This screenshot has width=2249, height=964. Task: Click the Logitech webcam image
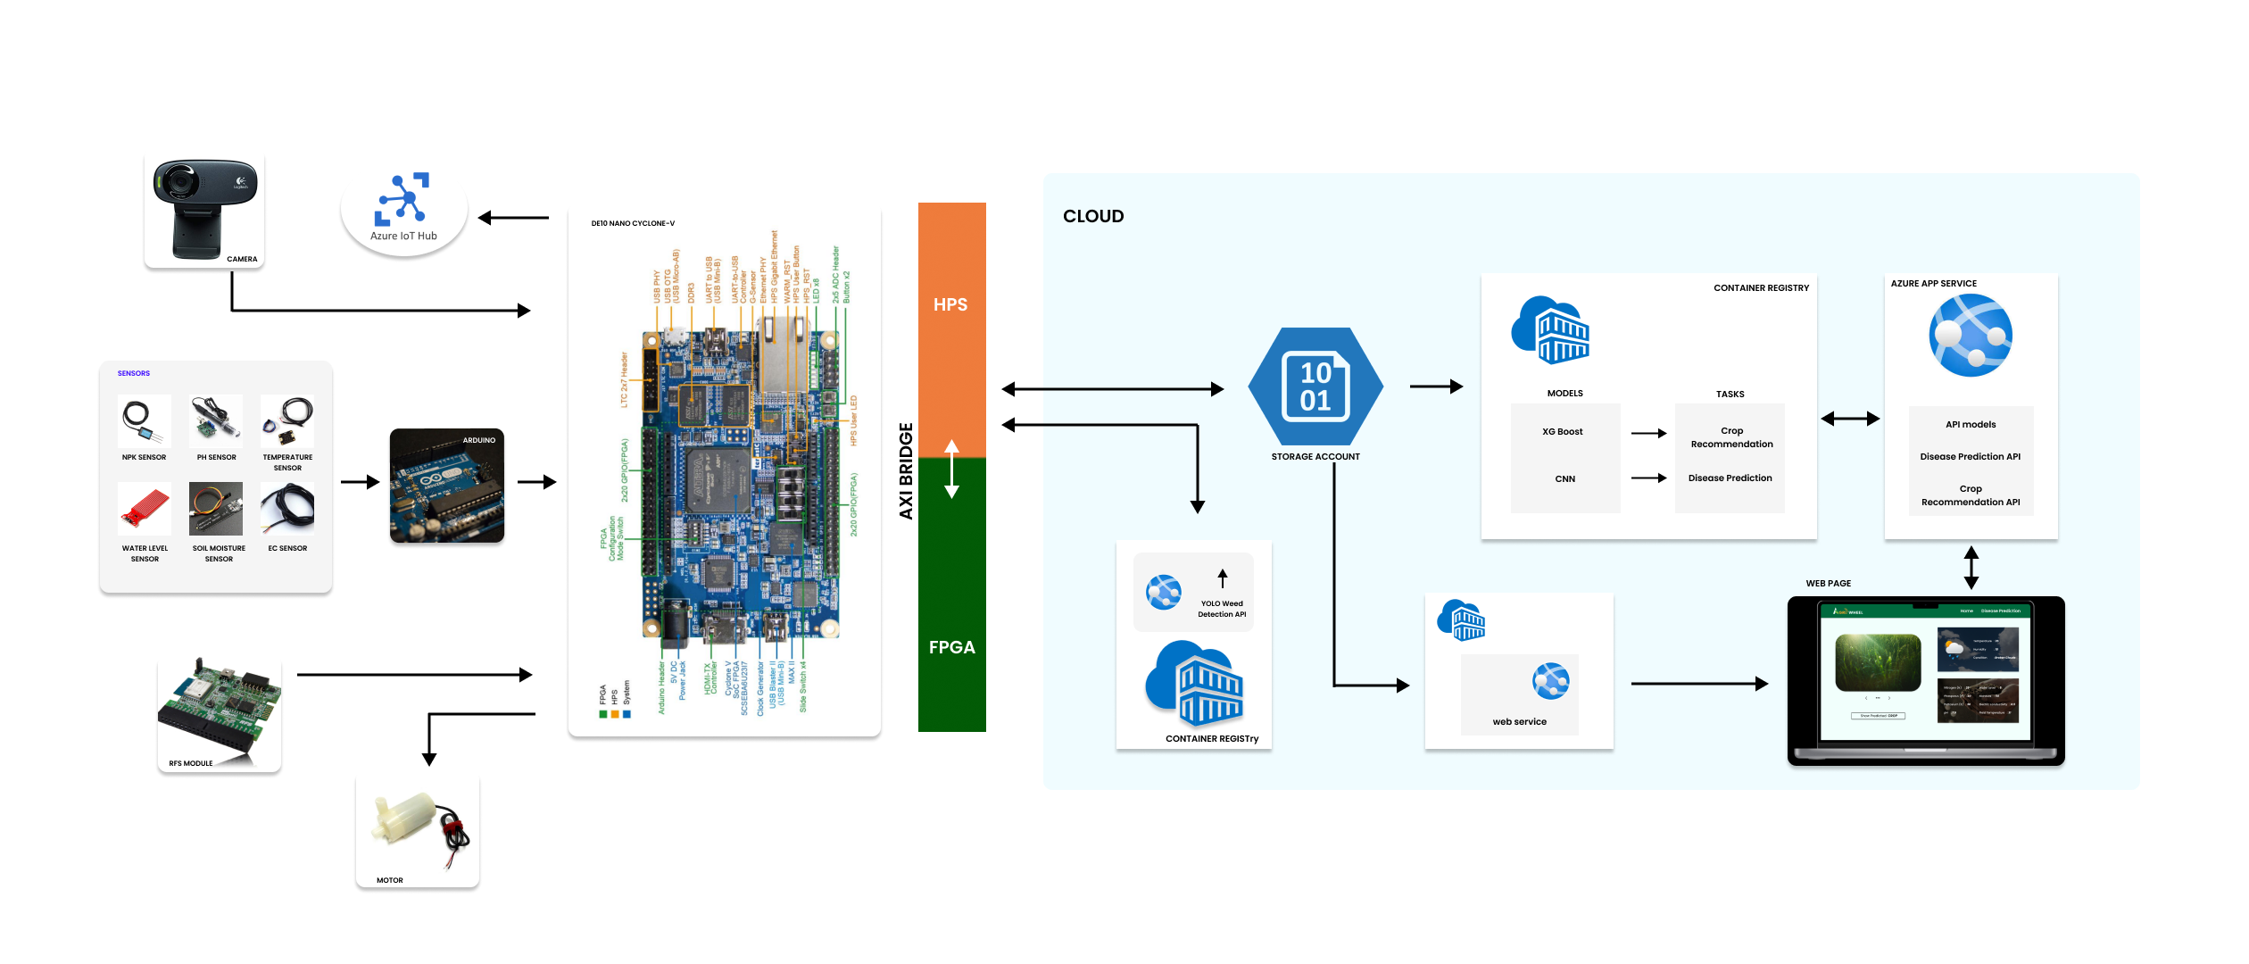point(204,206)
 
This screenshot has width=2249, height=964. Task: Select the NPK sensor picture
point(144,421)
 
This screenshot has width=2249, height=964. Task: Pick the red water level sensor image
point(144,509)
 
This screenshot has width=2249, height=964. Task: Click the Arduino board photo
point(447,486)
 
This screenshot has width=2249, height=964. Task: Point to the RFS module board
point(220,711)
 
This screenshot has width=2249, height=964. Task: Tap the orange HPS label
point(950,305)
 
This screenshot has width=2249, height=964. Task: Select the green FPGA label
point(951,648)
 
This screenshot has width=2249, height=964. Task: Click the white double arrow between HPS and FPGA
point(951,469)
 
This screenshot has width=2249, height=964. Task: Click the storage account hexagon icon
point(1315,386)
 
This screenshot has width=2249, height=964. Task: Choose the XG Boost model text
point(1562,432)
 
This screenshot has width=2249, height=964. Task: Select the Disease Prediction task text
point(1730,478)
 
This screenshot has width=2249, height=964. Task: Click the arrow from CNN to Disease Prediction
point(1648,478)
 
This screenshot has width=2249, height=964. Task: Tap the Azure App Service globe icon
point(1970,337)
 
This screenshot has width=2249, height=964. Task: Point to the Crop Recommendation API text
point(1970,495)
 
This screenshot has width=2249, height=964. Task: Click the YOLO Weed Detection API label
point(1221,609)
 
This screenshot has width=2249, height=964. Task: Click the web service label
point(1519,722)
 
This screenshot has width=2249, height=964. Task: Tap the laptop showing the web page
point(1925,681)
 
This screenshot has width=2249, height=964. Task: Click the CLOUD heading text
point(1093,216)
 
